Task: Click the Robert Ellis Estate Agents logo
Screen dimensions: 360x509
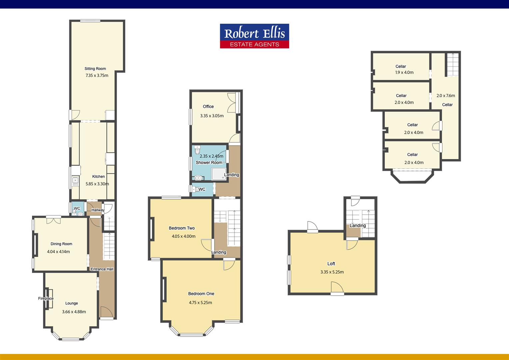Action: (x=254, y=36)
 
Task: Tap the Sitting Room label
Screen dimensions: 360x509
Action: (x=95, y=69)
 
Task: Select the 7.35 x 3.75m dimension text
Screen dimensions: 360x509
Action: (x=97, y=75)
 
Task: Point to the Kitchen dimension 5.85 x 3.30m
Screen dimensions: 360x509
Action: (x=97, y=184)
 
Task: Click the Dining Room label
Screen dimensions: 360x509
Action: (x=61, y=244)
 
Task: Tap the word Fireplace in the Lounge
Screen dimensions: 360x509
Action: (x=46, y=298)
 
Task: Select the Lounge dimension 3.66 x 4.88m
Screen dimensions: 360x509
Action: (x=74, y=312)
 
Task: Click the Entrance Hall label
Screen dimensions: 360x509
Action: (x=102, y=269)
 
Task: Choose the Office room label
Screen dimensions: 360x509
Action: (x=208, y=106)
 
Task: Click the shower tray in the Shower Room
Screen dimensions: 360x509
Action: (x=219, y=174)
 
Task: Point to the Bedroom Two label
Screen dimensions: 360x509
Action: (x=182, y=228)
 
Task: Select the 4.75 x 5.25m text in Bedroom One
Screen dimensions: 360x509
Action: (x=201, y=303)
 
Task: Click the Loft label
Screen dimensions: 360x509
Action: (x=331, y=264)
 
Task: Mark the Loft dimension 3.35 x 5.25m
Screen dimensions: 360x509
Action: (x=332, y=272)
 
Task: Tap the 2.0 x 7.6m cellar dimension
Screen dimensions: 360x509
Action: (x=446, y=96)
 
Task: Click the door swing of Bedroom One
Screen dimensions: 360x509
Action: (x=228, y=265)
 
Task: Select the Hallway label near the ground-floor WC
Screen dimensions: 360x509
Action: (x=98, y=210)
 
